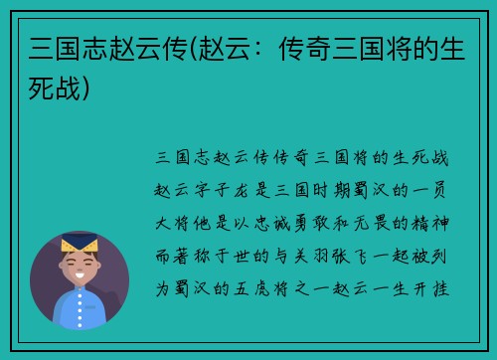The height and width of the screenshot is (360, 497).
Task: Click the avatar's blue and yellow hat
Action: [80, 243]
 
